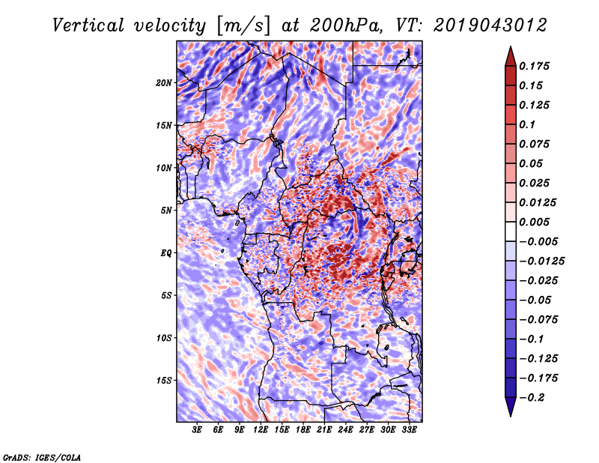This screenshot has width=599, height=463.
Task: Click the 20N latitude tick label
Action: click(164, 83)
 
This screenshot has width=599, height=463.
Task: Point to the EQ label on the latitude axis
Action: click(166, 253)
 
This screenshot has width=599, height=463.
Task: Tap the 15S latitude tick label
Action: click(164, 381)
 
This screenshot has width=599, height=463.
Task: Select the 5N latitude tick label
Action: click(166, 211)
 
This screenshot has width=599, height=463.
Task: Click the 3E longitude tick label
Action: click(197, 430)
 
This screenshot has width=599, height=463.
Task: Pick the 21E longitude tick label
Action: click(324, 430)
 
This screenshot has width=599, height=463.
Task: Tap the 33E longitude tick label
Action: click(409, 430)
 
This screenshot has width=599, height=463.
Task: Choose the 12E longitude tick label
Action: click(261, 430)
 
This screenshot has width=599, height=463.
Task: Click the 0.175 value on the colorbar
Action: click(534, 66)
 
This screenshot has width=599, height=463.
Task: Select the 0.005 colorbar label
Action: click(534, 222)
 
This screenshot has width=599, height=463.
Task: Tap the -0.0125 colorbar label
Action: click(541, 261)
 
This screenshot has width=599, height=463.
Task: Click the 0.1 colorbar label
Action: click(527, 124)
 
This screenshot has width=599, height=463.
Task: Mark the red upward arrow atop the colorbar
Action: click(511, 56)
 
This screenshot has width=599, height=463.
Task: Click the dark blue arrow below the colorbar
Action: click(511, 407)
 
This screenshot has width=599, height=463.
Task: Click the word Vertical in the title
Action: click(88, 25)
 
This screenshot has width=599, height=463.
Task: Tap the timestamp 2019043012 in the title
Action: click(490, 25)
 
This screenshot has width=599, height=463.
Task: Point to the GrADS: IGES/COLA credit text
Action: click(42, 457)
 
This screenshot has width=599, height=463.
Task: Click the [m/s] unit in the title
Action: click(243, 26)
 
